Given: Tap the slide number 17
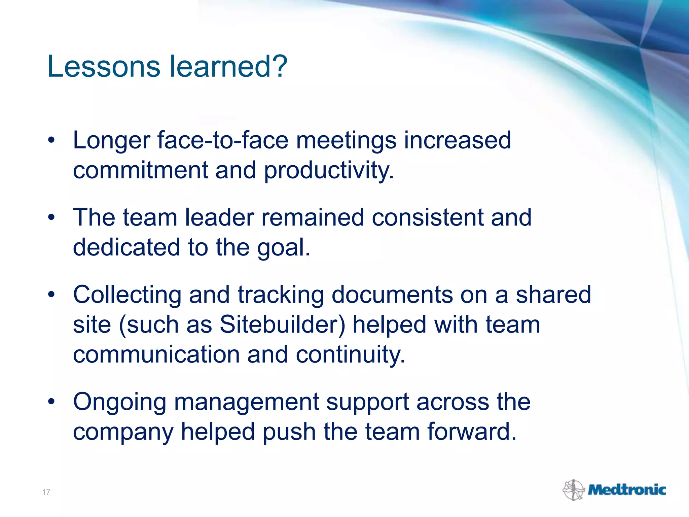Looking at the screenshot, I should [x=46, y=492].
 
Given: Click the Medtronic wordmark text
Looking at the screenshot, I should [x=627, y=490].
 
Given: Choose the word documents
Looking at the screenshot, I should [x=392, y=295].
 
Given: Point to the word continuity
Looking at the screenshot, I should [x=350, y=355].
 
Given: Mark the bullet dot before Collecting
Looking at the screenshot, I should [x=51, y=295].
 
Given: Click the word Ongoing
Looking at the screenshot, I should [x=120, y=402].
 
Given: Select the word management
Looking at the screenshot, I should [x=246, y=402].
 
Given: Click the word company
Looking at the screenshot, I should [x=123, y=433].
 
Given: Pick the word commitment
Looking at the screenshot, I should [x=140, y=170].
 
